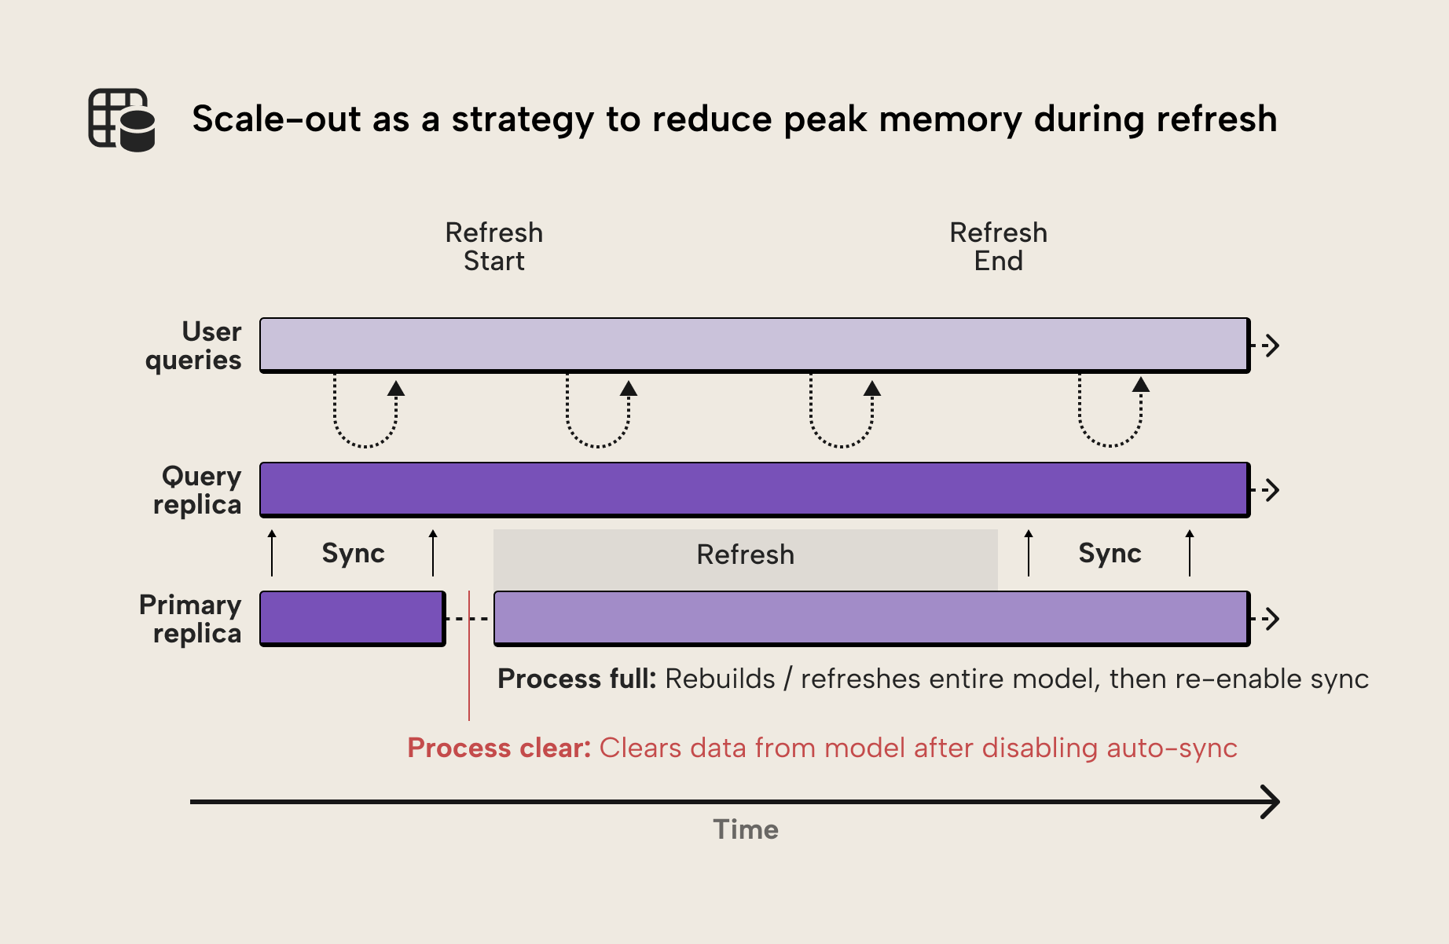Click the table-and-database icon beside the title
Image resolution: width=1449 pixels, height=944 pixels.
pyautogui.click(x=121, y=119)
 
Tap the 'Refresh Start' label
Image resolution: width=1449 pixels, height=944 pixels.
pyautogui.click(x=493, y=247)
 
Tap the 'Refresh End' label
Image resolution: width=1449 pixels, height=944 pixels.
pyautogui.click(x=998, y=247)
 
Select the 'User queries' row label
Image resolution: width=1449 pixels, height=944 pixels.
pyautogui.click(x=194, y=346)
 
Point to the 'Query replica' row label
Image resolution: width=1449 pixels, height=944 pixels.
pyautogui.click(x=197, y=490)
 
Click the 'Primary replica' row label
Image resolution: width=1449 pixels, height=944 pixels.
pyautogui.click(x=190, y=619)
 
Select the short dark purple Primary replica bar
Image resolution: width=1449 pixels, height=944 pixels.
pyautogui.click(x=352, y=618)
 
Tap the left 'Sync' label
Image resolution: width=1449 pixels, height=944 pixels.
pyautogui.click(x=353, y=554)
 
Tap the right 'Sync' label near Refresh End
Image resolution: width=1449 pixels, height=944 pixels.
pyautogui.click(x=1110, y=554)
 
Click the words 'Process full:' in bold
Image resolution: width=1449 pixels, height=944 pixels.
pyautogui.click(x=576, y=679)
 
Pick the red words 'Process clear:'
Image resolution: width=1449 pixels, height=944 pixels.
pyautogui.click(x=498, y=748)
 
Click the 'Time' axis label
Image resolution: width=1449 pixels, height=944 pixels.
pyautogui.click(x=745, y=830)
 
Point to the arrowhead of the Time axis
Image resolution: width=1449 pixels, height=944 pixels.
pyautogui.click(x=1271, y=802)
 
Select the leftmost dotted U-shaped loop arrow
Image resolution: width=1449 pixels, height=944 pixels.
pyautogui.click(x=365, y=416)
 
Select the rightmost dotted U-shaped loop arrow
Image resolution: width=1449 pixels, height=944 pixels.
pyautogui.click(x=1110, y=416)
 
